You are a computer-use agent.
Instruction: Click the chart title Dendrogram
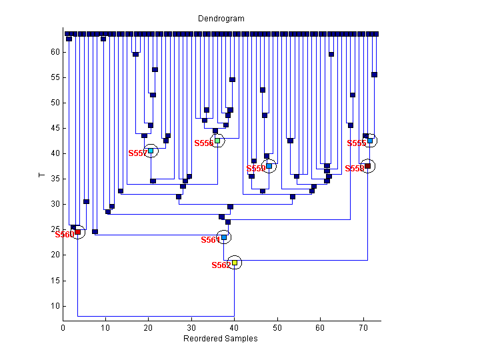click(221, 19)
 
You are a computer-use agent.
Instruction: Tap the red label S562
click(221, 265)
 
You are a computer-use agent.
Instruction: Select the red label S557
click(137, 153)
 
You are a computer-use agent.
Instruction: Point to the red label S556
click(203, 143)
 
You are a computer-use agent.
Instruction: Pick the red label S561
click(210, 240)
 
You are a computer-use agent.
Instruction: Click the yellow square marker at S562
click(234, 263)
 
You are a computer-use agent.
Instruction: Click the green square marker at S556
click(217, 141)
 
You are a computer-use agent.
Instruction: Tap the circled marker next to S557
click(151, 151)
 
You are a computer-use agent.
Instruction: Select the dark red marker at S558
click(367, 166)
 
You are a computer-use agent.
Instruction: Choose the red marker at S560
click(77, 232)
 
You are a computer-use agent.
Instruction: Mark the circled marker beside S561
click(224, 237)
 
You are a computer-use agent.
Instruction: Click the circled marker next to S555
click(370, 141)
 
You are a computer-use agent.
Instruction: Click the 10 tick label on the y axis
click(55, 306)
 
